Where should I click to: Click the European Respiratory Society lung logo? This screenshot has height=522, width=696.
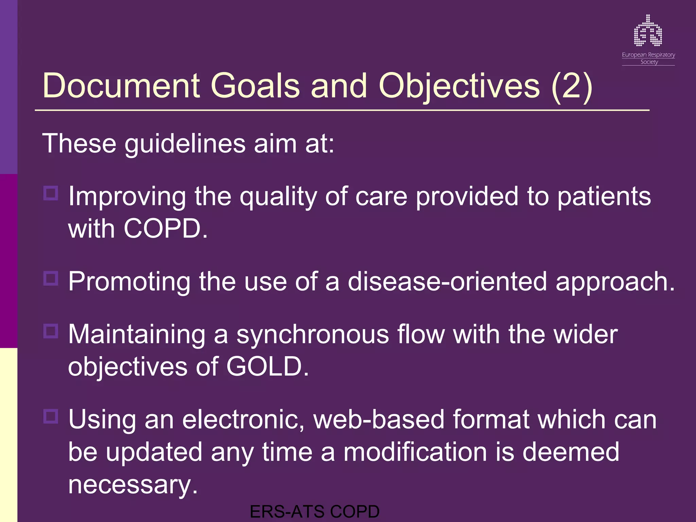648,31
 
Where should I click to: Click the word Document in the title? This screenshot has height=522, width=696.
121,86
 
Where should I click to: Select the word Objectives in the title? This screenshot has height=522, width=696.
459,86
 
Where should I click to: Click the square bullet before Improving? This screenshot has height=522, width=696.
51,193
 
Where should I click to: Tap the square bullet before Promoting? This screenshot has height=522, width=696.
51,278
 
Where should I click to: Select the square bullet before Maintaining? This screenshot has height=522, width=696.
51,331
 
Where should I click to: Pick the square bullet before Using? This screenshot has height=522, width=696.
51,416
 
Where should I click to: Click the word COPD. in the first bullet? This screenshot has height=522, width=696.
166,229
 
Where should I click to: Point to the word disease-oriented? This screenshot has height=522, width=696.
447,282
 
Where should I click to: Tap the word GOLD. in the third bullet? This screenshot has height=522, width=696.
267,367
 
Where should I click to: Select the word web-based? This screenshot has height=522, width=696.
379,420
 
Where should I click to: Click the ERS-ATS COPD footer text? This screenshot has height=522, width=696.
314,512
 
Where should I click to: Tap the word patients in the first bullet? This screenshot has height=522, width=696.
604,197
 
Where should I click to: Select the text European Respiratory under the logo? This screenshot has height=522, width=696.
648,55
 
